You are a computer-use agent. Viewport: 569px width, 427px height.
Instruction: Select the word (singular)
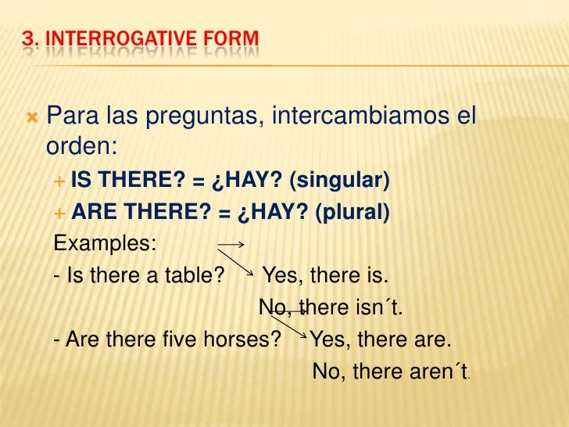[x=338, y=181]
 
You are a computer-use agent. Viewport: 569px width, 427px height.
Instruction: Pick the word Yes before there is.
[x=283, y=276]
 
